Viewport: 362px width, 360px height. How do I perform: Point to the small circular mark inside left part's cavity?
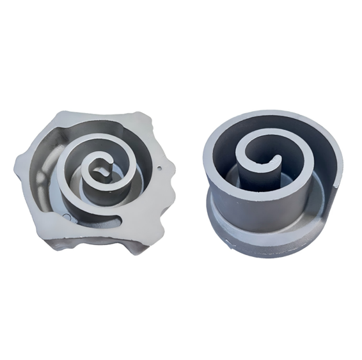point(68,216)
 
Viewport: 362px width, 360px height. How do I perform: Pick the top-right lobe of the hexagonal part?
point(146,120)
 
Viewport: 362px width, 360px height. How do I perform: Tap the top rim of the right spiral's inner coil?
point(256,137)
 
